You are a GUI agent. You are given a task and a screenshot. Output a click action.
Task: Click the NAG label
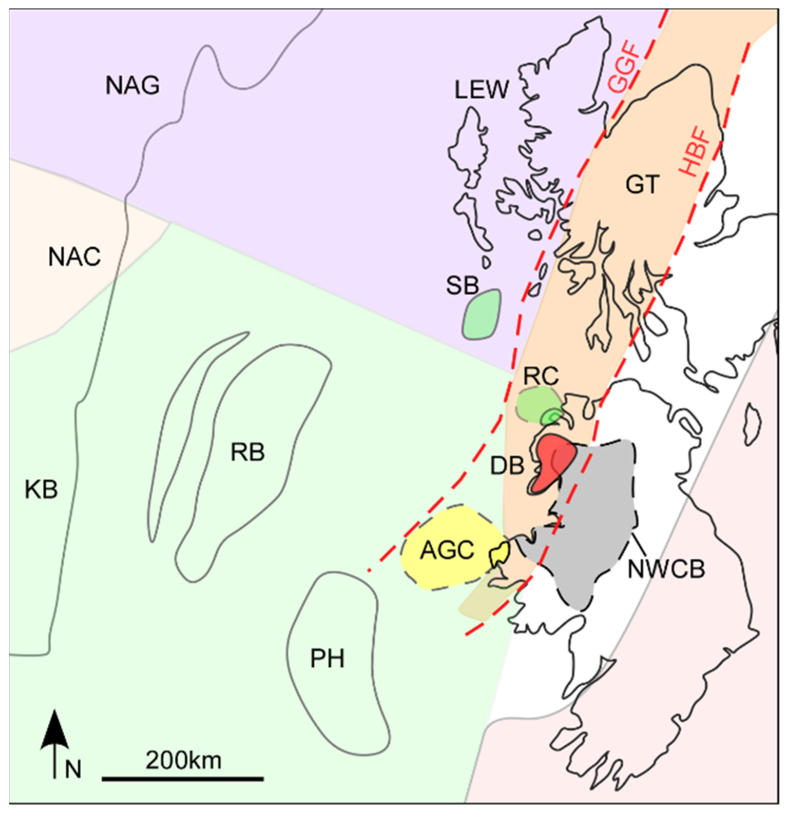pos(132,85)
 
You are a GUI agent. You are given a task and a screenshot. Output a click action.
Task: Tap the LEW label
pos(481,90)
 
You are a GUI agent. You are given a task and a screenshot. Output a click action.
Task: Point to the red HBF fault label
pos(695,151)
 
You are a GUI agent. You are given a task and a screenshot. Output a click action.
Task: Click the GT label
pos(642,184)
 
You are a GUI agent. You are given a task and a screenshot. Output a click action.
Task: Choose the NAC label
pos(74,257)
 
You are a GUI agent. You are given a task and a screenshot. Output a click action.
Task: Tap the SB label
pos(462,286)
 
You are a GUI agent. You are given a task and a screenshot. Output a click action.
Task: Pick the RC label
pos(541,375)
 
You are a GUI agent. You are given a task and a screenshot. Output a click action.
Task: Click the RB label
pos(247,452)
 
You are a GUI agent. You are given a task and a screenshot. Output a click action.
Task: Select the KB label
pos(41,490)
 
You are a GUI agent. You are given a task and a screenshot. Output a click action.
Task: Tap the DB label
pos(507,466)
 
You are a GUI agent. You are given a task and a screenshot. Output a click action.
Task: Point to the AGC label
pos(447,550)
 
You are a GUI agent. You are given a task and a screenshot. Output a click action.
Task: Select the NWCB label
pos(666,569)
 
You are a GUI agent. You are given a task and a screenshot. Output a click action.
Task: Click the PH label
pos(327,658)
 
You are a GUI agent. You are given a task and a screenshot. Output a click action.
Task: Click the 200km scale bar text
pos(183,760)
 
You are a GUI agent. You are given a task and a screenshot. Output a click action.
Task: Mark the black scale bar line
pos(183,778)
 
